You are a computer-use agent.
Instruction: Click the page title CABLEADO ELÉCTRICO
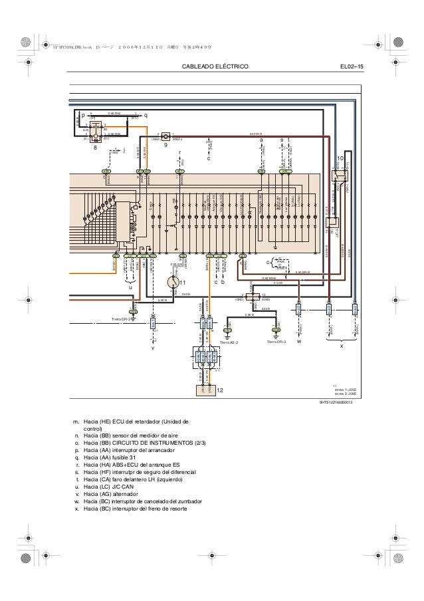pos(219,67)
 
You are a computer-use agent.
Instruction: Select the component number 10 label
pos(340,159)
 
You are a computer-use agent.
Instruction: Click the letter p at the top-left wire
pos(75,115)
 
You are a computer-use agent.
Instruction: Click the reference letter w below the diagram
pos(299,343)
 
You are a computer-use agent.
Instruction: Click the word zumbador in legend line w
pos(185,501)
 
